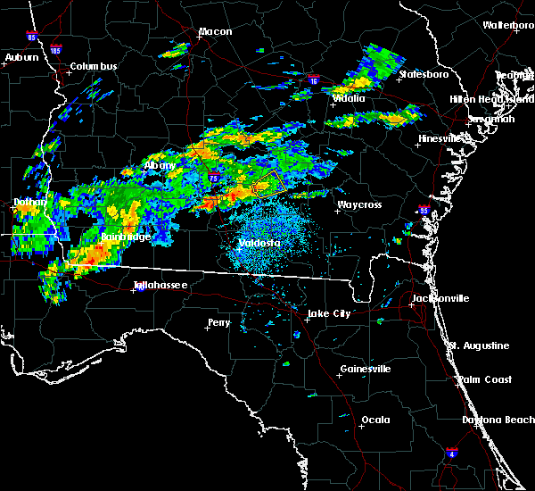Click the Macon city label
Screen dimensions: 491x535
(x=215, y=32)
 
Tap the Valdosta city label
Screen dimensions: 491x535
(x=259, y=243)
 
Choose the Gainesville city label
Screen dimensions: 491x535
(x=366, y=369)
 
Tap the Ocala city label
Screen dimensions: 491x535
(x=375, y=420)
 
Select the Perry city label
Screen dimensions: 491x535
(x=218, y=322)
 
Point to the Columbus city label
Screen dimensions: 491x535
(x=94, y=66)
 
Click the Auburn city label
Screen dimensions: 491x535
(x=21, y=57)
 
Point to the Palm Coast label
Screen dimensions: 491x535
(x=486, y=379)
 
